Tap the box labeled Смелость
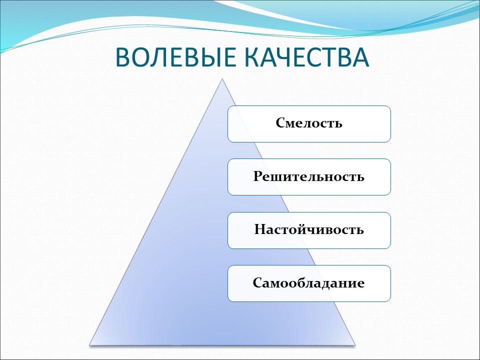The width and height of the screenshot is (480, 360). [x=309, y=123]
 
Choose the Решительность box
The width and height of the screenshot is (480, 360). [x=309, y=176]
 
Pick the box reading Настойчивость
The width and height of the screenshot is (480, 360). [x=309, y=230]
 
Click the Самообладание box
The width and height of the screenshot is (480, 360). [x=309, y=283]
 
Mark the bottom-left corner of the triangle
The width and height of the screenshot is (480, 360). [x=90, y=344]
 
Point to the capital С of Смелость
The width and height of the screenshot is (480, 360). [x=280, y=123]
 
